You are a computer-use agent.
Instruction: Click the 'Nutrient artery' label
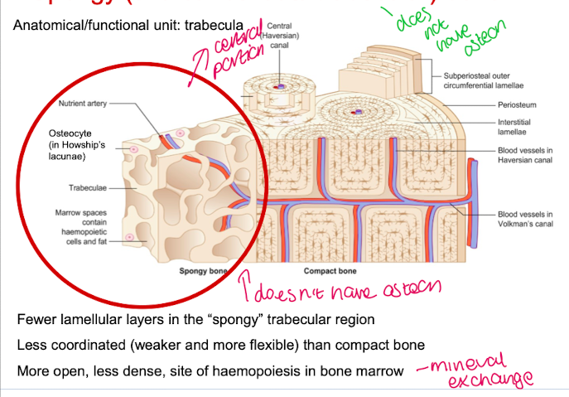pyautogui.click(x=82, y=104)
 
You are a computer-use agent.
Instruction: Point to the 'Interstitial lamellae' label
pyautogui.click(x=516, y=127)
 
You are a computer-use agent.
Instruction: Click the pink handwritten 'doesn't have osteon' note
pyautogui.click(x=348, y=289)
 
